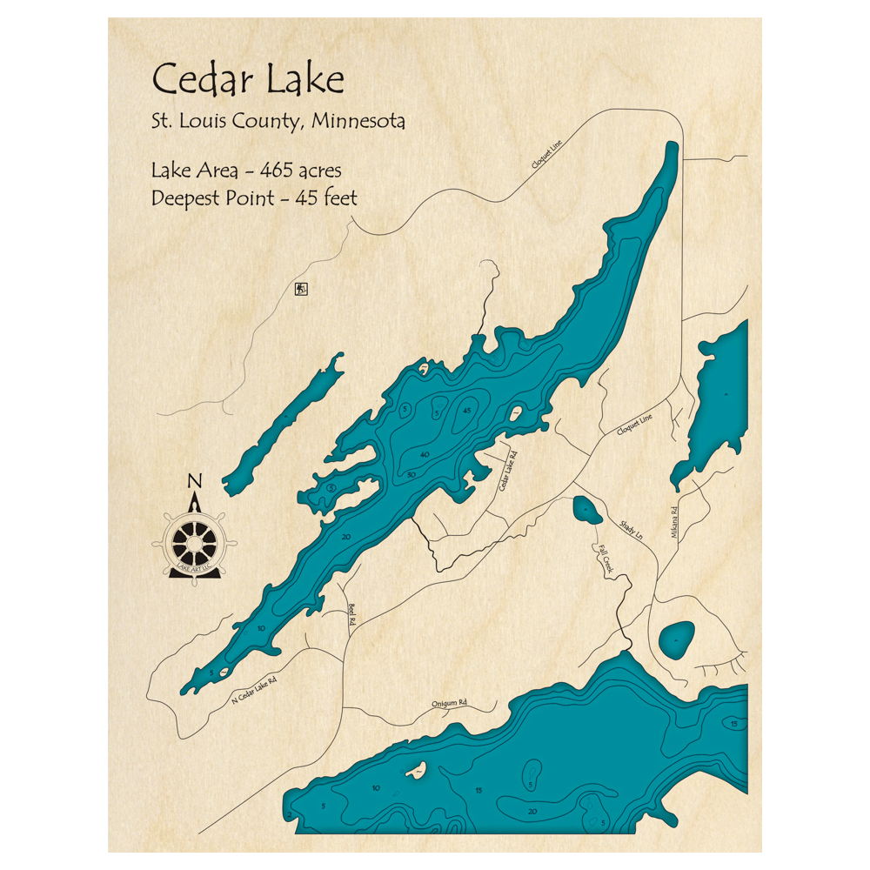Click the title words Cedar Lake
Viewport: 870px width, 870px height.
[248, 79]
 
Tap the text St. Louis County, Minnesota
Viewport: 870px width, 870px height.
[278, 121]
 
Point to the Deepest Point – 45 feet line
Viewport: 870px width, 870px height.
[254, 197]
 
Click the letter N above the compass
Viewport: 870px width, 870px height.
[195, 480]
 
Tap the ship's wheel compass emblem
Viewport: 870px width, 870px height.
[194, 545]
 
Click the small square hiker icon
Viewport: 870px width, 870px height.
[301, 289]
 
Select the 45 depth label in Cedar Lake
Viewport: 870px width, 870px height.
[467, 410]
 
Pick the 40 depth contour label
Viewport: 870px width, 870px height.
[425, 455]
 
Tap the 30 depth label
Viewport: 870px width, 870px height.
[411, 475]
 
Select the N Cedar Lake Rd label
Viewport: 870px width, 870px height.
[254, 690]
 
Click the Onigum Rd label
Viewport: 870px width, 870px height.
[450, 703]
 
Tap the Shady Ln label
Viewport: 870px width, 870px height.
[631, 527]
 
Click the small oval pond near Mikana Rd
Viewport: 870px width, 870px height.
[676, 640]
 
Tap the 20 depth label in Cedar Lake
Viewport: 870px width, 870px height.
[345, 537]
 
